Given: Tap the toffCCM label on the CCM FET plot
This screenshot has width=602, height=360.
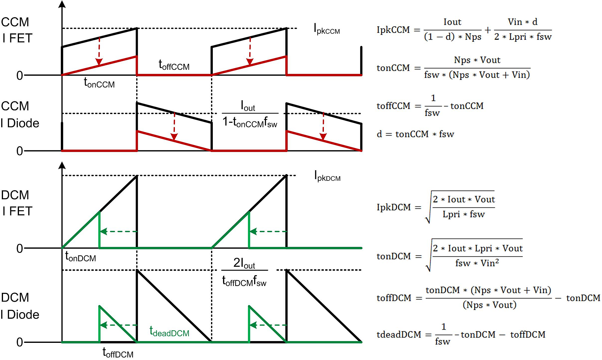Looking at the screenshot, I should point(174,65).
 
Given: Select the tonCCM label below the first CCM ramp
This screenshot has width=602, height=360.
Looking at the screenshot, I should point(99,82).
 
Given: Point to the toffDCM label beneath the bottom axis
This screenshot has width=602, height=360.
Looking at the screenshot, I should point(118,352).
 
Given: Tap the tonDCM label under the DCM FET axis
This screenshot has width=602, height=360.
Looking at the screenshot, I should point(80,257).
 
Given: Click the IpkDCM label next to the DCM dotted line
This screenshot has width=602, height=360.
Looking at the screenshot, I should point(327,176).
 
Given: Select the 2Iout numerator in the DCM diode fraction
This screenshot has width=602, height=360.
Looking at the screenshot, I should point(244,263).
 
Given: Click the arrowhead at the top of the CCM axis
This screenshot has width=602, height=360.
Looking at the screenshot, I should point(62,4).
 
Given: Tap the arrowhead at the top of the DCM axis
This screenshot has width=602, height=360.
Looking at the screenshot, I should point(62,165).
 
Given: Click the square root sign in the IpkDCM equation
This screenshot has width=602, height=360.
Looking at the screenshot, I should point(428,208).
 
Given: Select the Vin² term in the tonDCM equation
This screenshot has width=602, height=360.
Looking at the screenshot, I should point(490,263).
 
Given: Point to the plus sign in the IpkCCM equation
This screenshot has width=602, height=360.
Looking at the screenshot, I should point(488,30).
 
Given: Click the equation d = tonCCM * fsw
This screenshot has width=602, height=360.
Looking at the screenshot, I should point(415,134).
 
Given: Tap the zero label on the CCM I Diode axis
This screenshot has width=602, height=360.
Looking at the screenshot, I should point(20,151).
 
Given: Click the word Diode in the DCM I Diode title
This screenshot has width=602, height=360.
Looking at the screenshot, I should point(23,315).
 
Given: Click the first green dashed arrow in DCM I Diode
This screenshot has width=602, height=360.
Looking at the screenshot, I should point(118,325).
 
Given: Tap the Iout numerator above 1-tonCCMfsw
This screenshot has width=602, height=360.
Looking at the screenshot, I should point(248,106).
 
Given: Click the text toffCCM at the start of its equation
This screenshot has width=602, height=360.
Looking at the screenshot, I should point(393,106).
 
